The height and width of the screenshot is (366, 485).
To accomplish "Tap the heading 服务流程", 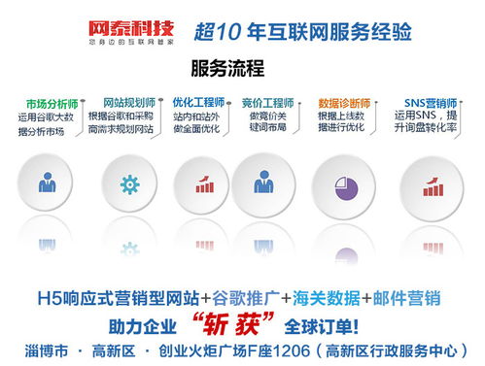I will (228, 68).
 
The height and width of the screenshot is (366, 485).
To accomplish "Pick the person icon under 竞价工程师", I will (263, 182).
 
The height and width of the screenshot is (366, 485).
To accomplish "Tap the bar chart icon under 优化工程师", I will (206, 182).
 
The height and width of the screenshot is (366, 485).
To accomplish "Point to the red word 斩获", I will (227, 323).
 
